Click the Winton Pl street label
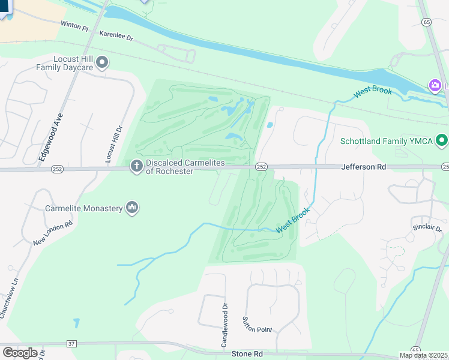click(x=74, y=26)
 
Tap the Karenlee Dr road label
click(x=116, y=37)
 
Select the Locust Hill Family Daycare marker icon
click(x=103, y=62)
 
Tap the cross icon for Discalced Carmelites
click(x=136, y=166)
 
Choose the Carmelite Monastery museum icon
click(x=132, y=208)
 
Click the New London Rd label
click(x=53, y=232)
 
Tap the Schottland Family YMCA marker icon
click(x=442, y=142)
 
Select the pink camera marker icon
click(x=434, y=86)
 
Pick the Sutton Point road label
click(x=257, y=325)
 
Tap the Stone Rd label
click(x=247, y=354)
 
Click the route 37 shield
click(x=71, y=343)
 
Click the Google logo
click(x=20, y=352)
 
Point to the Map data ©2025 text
click(x=423, y=355)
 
